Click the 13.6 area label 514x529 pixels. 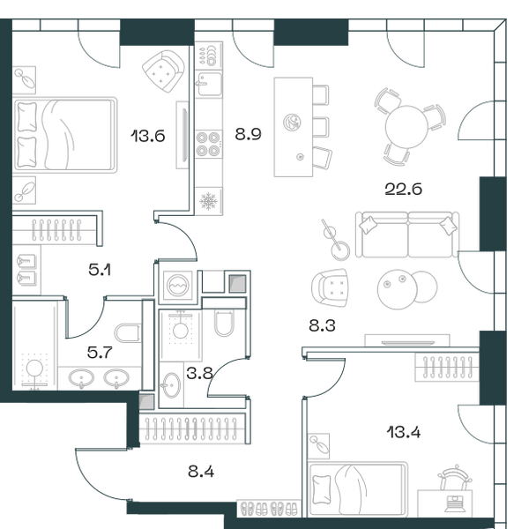tap(148, 136)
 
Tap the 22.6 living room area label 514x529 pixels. tap(404, 189)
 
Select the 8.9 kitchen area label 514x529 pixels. tap(249, 134)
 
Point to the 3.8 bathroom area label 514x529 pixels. tap(199, 374)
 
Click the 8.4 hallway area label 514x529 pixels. tap(201, 472)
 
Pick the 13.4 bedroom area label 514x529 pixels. tap(404, 432)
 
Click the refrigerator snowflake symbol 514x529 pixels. tap(208, 201)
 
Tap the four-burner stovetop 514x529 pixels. tap(208, 144)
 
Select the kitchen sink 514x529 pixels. tap(209, 85)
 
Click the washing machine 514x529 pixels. tap(178, 286)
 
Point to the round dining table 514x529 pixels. tap(406, 126)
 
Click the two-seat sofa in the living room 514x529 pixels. tap(407, 235)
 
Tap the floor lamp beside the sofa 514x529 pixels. tap(335, 240)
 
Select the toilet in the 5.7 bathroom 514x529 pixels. tap(128, 333)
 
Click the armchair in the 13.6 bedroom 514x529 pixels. tap(164, 71)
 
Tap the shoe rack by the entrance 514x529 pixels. tap(269, 508)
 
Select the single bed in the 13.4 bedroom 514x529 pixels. tap(358, 489)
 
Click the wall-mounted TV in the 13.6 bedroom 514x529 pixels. tap(183, 135)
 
